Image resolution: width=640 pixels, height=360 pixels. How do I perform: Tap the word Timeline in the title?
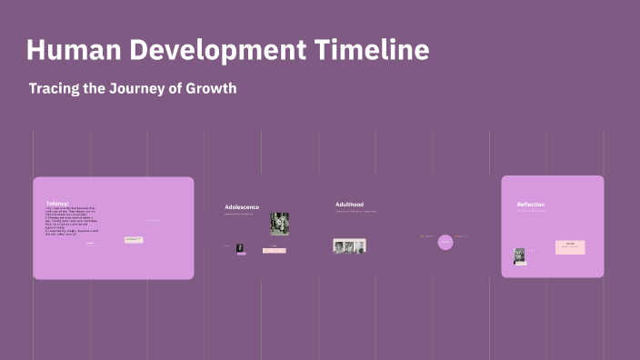[x=373, y=50]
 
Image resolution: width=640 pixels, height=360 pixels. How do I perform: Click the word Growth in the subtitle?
[x=214, y=89]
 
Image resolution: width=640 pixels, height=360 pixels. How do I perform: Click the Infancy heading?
[x=57, y=203]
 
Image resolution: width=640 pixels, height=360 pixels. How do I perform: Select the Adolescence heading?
[x=242, y=207]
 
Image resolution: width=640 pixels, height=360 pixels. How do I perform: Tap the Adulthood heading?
[x=349, y=205]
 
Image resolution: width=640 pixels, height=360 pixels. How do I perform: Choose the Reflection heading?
[x=531, y=205]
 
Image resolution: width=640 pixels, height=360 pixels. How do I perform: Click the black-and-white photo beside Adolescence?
[x=279, y=224]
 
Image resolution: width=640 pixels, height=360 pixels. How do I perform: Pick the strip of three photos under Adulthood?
[x=349, y=245]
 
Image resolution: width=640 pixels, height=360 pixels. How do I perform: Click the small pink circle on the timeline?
[x=445, y=242]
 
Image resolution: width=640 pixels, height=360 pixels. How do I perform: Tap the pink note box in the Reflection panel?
[x=570, y=247]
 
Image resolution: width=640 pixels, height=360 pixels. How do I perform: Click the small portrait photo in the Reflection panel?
[x=520, y=256]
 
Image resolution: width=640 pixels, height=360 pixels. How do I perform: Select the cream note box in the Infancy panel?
[x=134, y=239]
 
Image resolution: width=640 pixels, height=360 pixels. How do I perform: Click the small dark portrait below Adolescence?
[x=240, y=247]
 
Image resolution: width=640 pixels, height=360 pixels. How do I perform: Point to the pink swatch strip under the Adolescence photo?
[x=274, y=250]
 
